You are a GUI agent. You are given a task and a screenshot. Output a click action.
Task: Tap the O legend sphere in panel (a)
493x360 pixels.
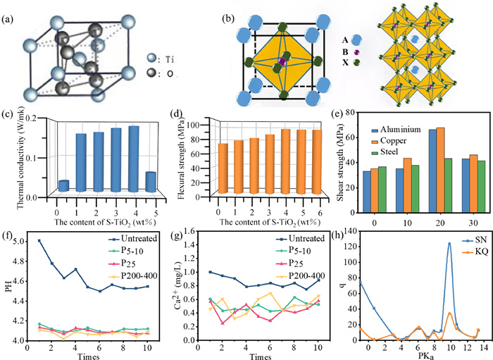pos(151,73)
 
